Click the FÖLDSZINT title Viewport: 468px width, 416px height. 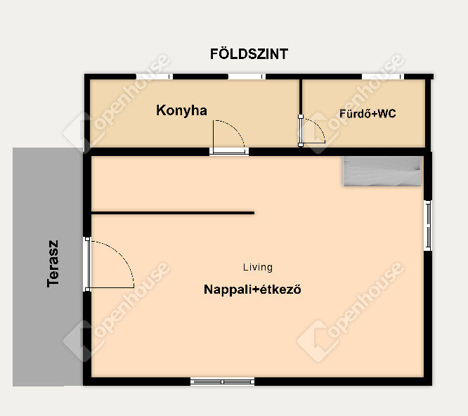[249, 54]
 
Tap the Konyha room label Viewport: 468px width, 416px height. [181, 110]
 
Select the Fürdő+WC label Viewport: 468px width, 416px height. [368, 113]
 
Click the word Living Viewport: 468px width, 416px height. [258, 267]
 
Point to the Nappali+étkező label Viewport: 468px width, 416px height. [252, 290]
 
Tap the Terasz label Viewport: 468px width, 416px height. [53, 264]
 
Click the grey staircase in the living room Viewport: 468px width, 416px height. [382, 171]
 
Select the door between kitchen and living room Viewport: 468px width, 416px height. [229, 152]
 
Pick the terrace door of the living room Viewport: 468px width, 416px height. [87, 264]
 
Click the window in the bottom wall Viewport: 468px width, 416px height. [222, 382]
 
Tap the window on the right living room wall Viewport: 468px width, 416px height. [428, 226]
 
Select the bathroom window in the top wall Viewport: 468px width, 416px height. [383, 77]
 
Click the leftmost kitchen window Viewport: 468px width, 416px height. [155, 77]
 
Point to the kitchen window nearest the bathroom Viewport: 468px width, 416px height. [247, 77]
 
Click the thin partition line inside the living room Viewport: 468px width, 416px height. [173, 213]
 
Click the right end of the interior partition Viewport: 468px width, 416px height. [254, 213]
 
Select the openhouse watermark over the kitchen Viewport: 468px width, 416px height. [117, 103]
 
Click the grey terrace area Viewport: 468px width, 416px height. [48, 267]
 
